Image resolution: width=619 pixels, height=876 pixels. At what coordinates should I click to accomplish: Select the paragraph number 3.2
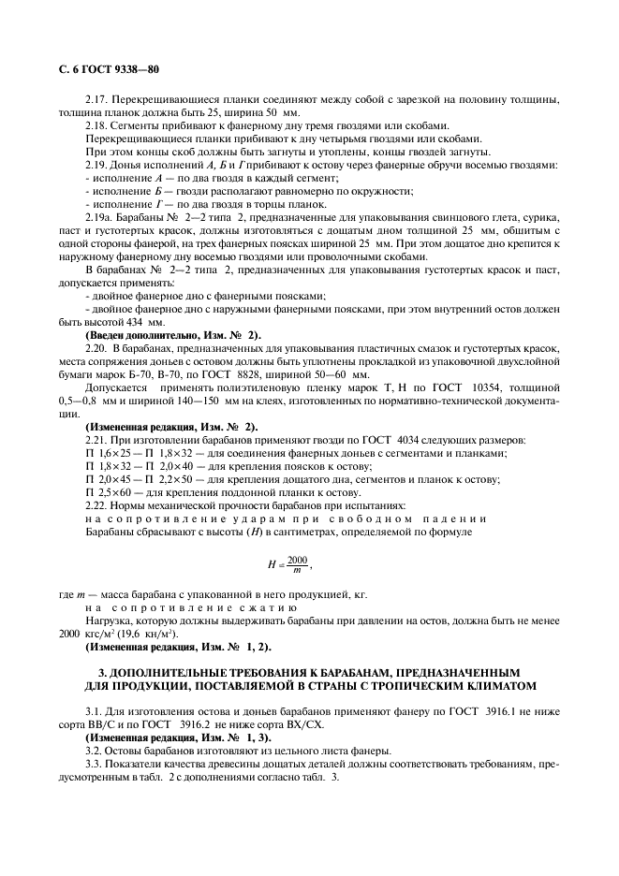(x=95, y=752)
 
